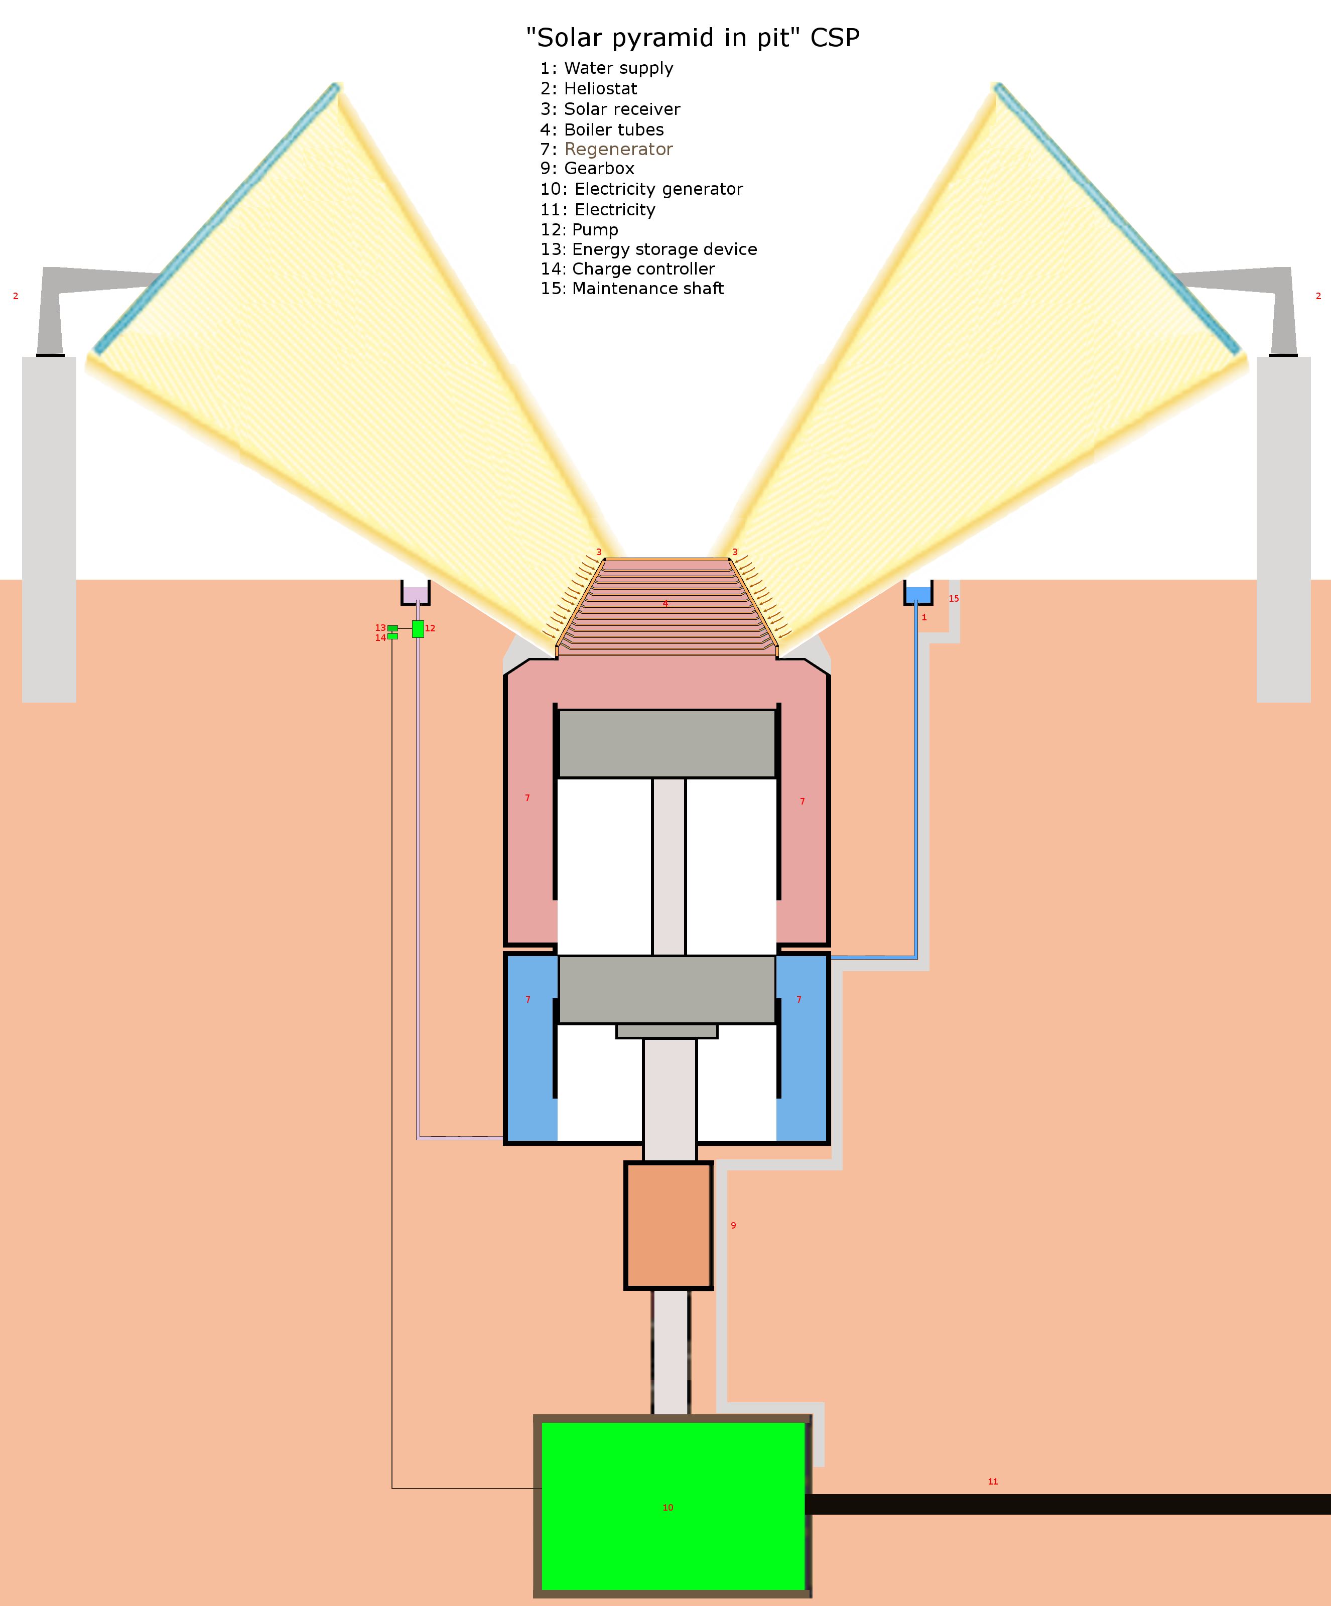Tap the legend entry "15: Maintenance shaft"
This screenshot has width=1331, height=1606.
(632, 288)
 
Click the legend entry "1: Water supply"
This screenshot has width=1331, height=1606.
(607, 68)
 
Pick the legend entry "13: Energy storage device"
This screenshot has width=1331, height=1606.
(648, 249)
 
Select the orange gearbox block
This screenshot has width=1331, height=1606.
(669, 1225)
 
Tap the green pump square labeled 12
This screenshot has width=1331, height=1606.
(418, 629)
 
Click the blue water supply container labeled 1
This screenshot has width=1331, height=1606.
(918, 593)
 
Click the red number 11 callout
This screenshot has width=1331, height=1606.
(993, 1482)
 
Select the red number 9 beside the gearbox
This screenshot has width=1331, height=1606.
(733, 1225)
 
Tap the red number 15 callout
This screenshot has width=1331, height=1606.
(954, 598)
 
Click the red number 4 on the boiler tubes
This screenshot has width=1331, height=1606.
(665, 603)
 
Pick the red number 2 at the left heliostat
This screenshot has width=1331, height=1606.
(15, 296)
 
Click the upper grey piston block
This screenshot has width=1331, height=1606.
(667, 743)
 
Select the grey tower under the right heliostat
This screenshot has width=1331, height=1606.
(1284, 529)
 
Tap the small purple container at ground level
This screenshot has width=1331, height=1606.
(416, 593)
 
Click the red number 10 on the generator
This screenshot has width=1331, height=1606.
(668, 1507)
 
